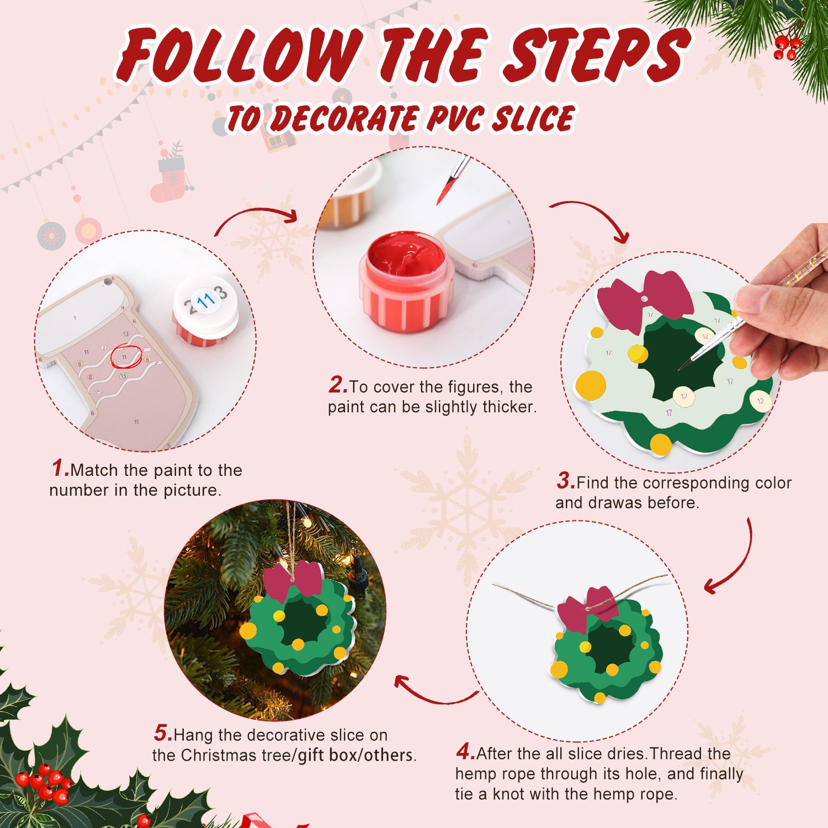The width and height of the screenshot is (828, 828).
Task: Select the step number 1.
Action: pos(60,468)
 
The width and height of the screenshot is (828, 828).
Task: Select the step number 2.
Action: pos(337,385)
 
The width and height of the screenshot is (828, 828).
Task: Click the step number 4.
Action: pos(465,751)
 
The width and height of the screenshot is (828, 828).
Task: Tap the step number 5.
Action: pos(163,733)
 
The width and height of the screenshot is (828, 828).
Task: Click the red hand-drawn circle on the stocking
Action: pos(126,357)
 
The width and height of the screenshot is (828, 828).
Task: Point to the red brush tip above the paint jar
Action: pos(445,190)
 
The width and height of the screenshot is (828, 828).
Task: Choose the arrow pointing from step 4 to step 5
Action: pos(433,693)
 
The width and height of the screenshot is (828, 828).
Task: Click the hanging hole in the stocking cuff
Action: pos(107,283)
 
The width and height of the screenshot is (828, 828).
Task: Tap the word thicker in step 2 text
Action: pos(508,407)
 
